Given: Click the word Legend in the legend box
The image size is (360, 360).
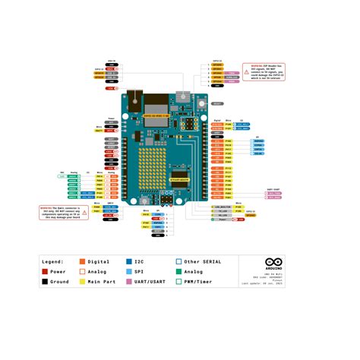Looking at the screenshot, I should point(58,261).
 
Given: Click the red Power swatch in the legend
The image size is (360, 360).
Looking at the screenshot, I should point(46,271).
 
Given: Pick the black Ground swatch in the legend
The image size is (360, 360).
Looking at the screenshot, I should point(46,282).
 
